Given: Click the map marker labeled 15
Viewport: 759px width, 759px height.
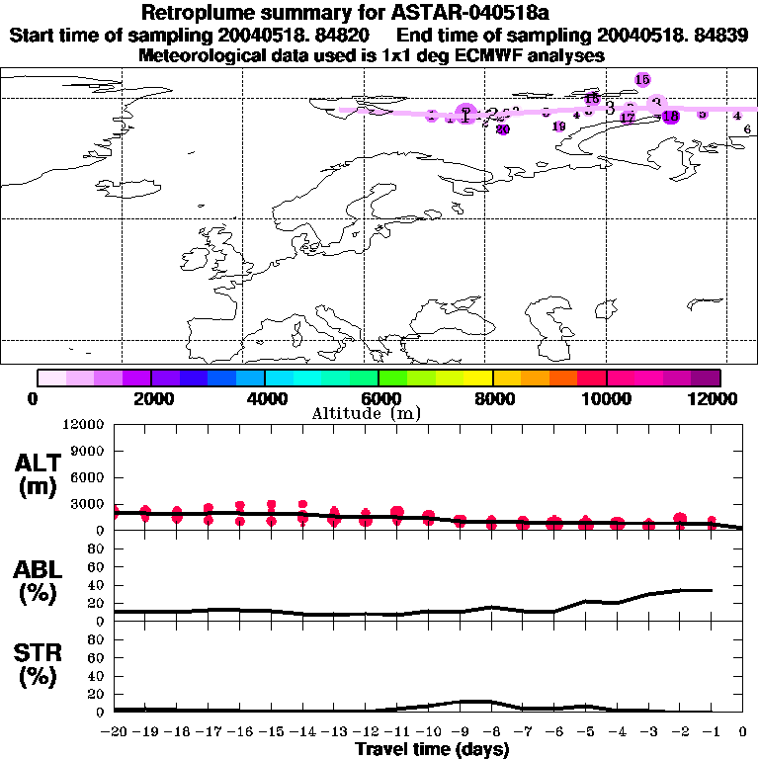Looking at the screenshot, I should [x=642, y=79].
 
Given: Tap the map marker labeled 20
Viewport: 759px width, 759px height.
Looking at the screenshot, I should [x=502, y=128].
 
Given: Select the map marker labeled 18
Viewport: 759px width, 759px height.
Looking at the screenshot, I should [x=671, y=117].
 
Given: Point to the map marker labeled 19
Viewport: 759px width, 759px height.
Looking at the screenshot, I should [x=558, y=126].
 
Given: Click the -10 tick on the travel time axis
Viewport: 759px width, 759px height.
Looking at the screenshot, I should [x=428, y=732].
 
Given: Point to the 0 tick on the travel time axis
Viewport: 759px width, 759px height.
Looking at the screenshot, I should [x=743, y=732].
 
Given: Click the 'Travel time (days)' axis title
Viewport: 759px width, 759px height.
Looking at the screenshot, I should [x=433, y=749].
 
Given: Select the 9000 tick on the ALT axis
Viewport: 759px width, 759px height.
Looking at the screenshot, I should [x=89, y=451].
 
